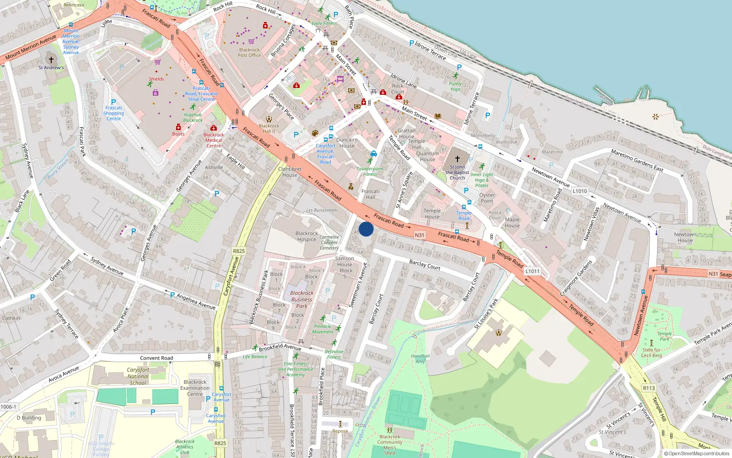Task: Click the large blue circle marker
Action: tap(366, 229)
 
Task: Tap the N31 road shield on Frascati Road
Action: tap(420, 235)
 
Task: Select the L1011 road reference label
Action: tap(532, 271)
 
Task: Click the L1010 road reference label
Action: tap(580, 191)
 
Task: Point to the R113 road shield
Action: tap(649, 388)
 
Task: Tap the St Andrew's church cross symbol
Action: tap(51, 60)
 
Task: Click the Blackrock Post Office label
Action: tap(249, 53)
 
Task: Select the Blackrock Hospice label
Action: tap(307, 236)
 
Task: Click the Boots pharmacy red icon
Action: tap(178, 127)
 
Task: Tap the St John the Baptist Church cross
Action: tap(457, 158)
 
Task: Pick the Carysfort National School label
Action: tap(138, 376)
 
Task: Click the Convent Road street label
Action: tap(156, 358)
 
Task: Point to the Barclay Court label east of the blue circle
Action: tap(425, 264)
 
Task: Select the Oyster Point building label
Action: tap(487, 198)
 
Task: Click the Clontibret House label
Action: tap(290, 172)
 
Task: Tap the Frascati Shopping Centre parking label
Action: tap(113, 113)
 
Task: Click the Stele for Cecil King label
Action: tap(651, 353)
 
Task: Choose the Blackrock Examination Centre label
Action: tap(195, 388)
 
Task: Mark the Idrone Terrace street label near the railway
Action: tap(430, 50)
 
